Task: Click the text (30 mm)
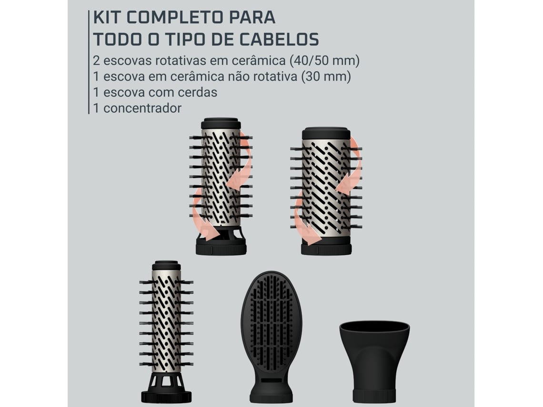326,77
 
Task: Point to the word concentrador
142,109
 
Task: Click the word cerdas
197,92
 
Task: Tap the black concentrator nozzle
374,361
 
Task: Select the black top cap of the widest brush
326,133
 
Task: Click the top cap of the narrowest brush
166,266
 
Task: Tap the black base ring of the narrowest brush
166,397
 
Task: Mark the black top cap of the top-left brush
221,124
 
